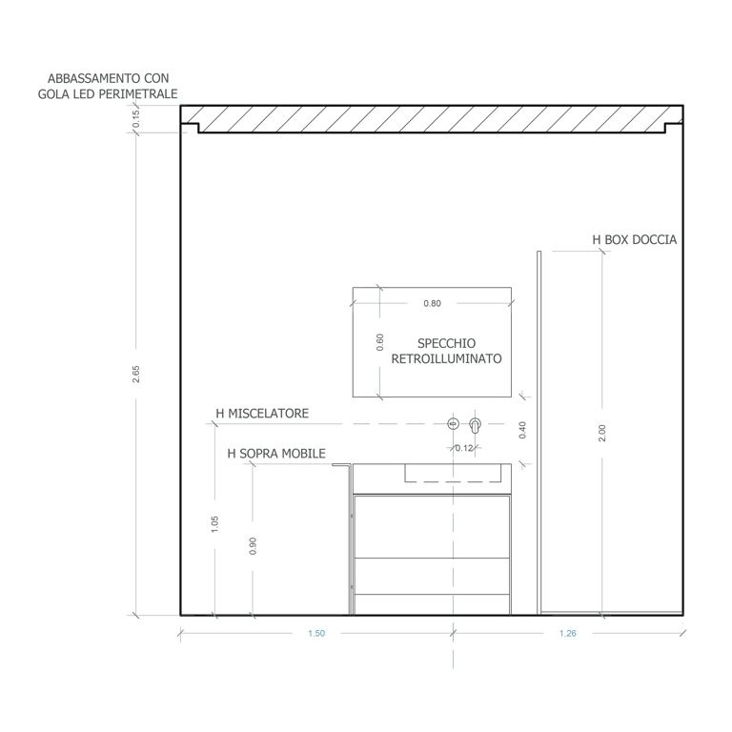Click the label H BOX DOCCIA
(x=634, y=240)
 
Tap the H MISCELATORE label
(x=262, y=414)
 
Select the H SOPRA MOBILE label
(x=277, y=454)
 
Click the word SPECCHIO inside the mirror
(x=446, y=343)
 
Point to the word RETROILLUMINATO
(x=446, y=359)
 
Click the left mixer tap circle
(x=454, y=423)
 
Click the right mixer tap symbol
(x=476, y=423)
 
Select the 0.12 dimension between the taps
(x=464, y=447)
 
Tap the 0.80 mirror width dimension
(x=432, y=304)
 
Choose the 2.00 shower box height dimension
(x=600, y=433)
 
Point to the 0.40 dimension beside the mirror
(x=521, y=430)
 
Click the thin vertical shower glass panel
(x=539, y=429)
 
